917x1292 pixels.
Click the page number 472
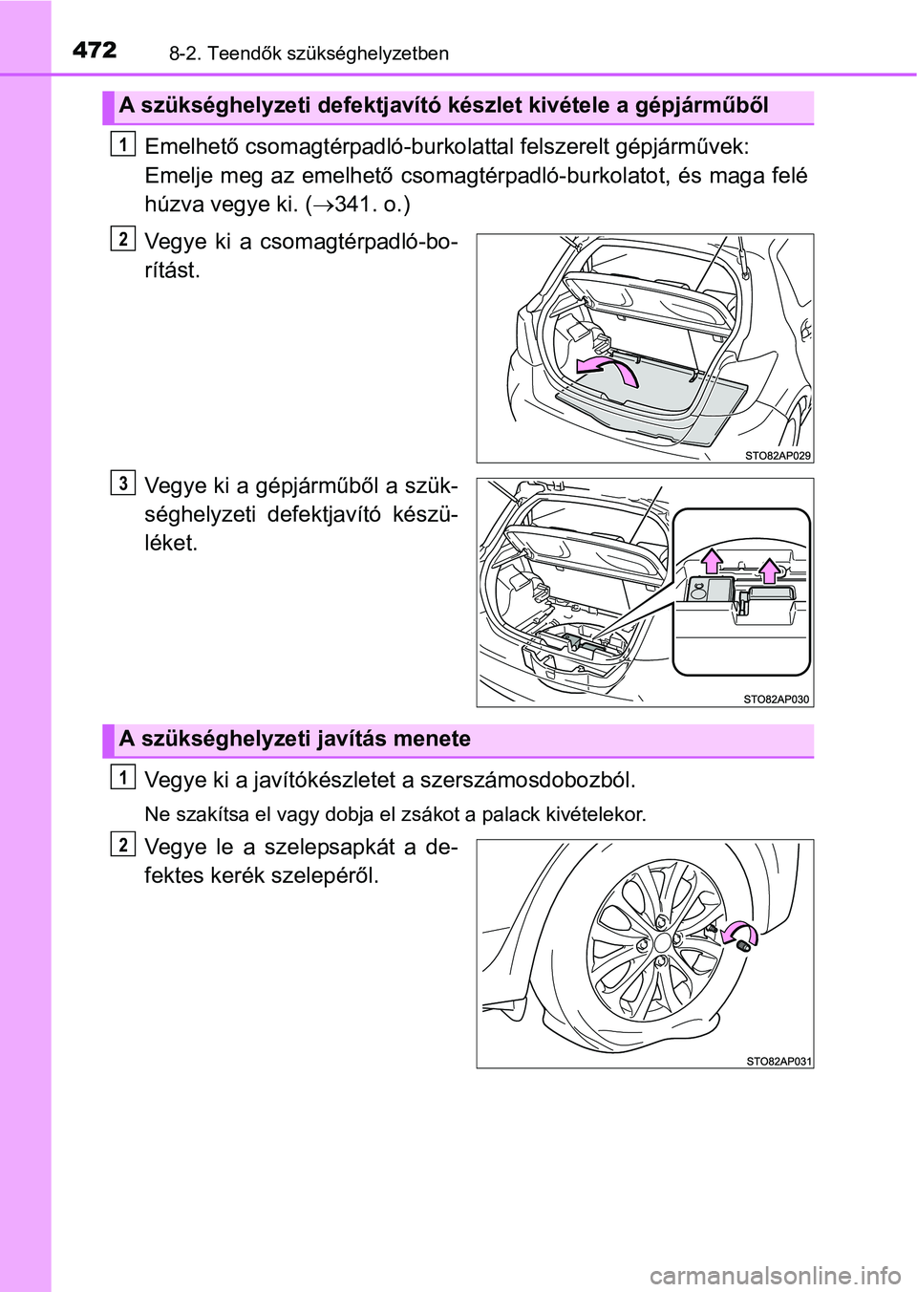pos(95,50)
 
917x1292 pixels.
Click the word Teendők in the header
pos(244,54)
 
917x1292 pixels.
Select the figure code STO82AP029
pos(778,456)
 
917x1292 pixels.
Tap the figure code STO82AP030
pos(776,700)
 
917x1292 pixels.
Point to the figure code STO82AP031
pos(778,1061)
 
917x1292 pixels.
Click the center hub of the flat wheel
pos(663,942)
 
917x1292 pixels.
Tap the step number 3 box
pos(122,483)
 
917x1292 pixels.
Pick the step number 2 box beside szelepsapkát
pos(122,844)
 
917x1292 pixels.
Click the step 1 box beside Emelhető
pos(122,143)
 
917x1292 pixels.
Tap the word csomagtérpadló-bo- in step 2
pos(358,242)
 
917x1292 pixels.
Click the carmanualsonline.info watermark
pos(775,1275)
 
